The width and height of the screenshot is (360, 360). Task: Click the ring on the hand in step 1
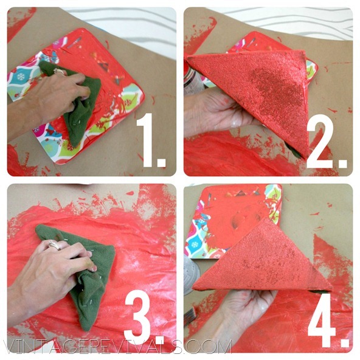tap(59, 71)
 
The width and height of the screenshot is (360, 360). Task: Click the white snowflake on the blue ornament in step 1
tap(20, 77)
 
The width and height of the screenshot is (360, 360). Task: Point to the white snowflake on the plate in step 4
tap(195, 244)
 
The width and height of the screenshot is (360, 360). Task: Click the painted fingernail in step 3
tap(94, 268)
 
